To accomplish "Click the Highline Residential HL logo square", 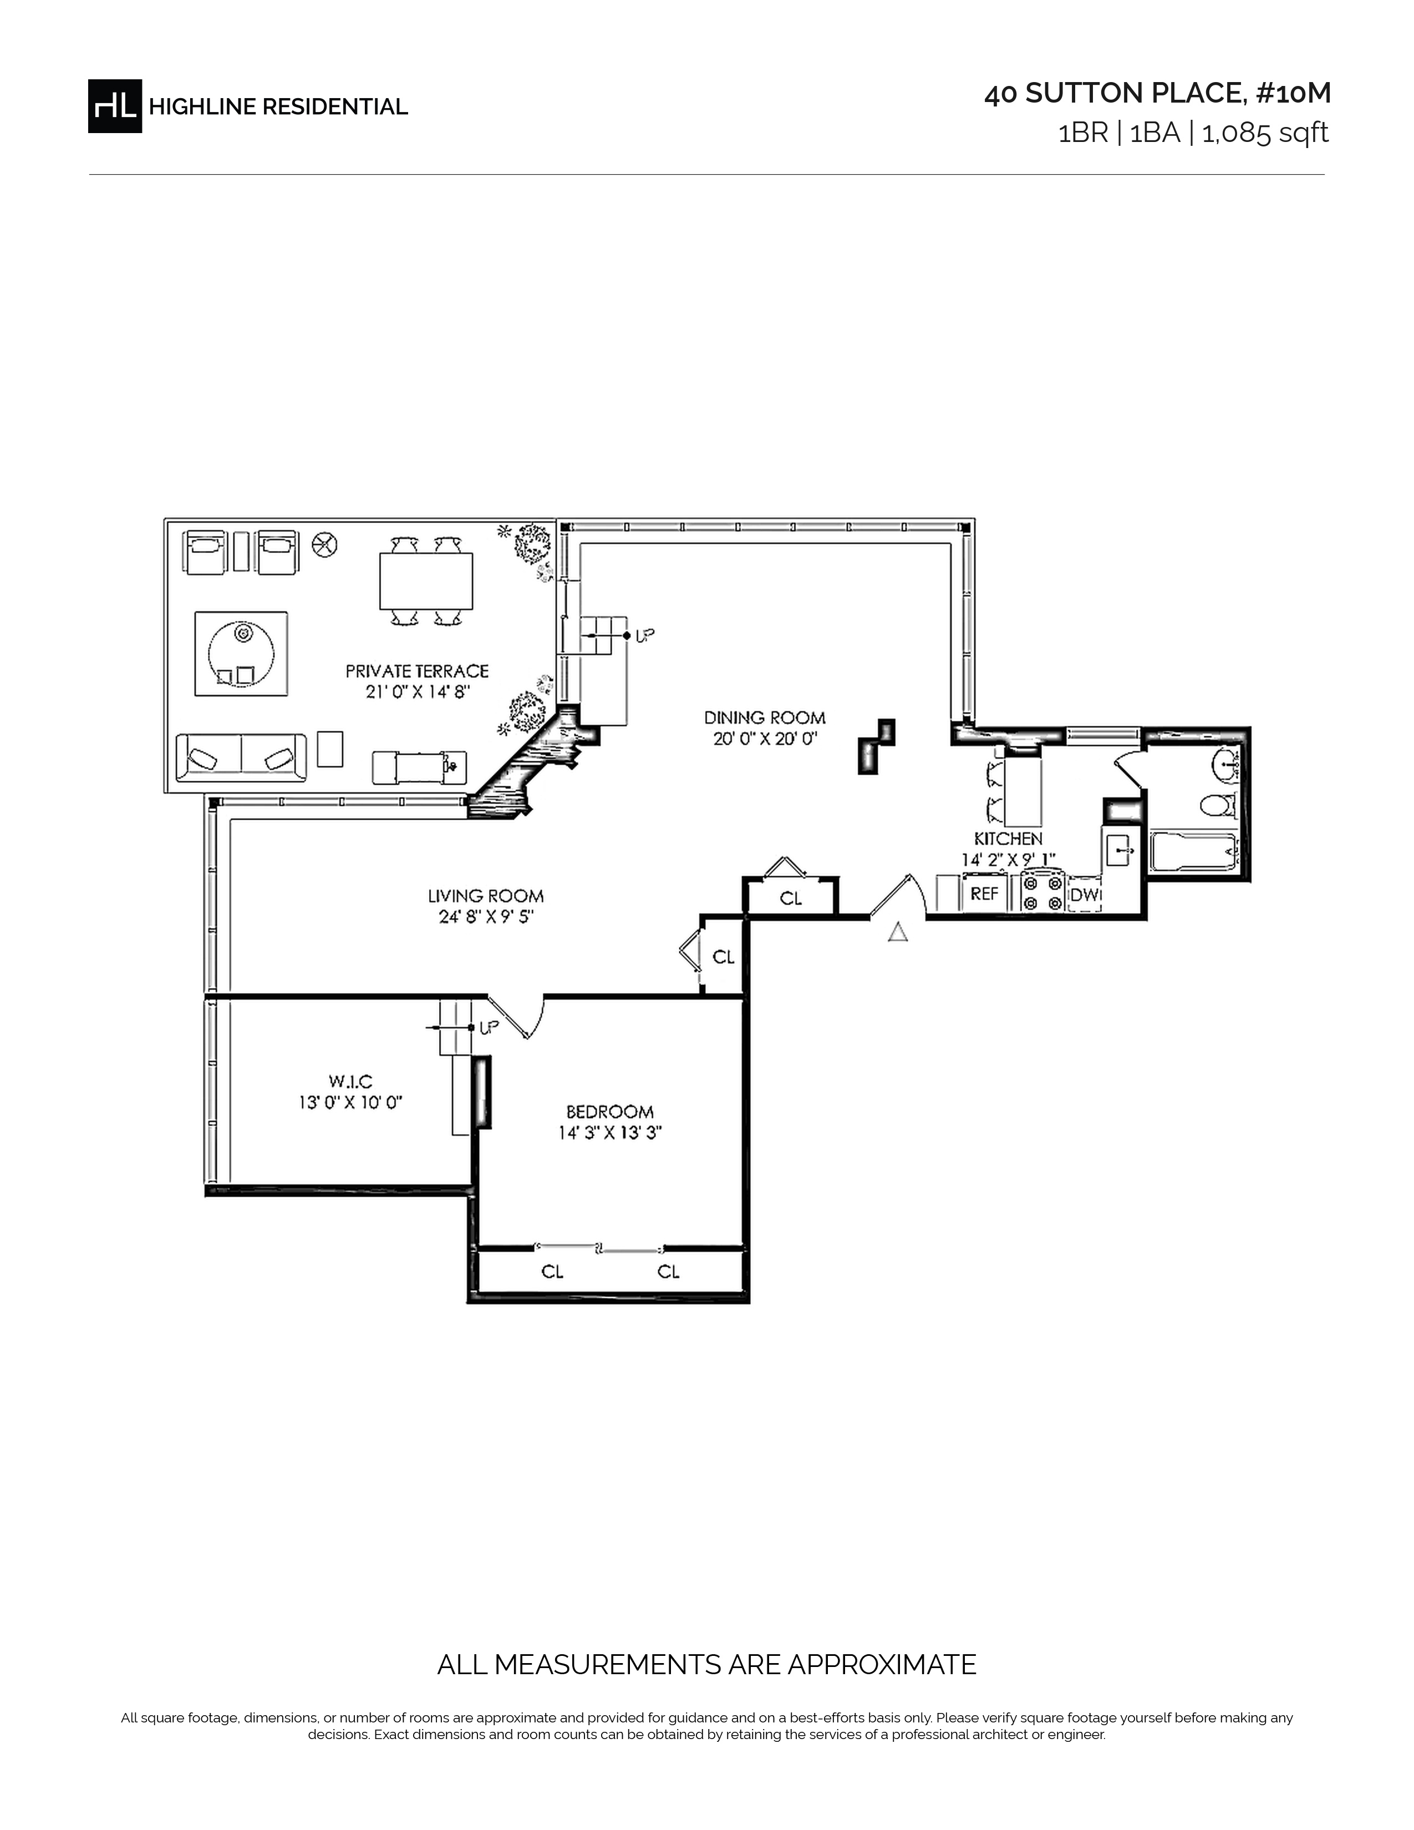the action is click(115, 106).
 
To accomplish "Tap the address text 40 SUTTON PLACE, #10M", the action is click(1157, 94).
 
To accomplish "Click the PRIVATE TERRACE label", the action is click(416, 671).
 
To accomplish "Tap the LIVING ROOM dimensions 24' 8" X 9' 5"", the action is click(486, 917).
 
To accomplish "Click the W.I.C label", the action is click(350, 1082).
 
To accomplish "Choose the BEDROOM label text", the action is click(610, 1112).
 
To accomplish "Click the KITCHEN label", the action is click(1008, 838).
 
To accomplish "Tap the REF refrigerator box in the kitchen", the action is click(984, 894).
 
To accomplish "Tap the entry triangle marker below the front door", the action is click(897, 932).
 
